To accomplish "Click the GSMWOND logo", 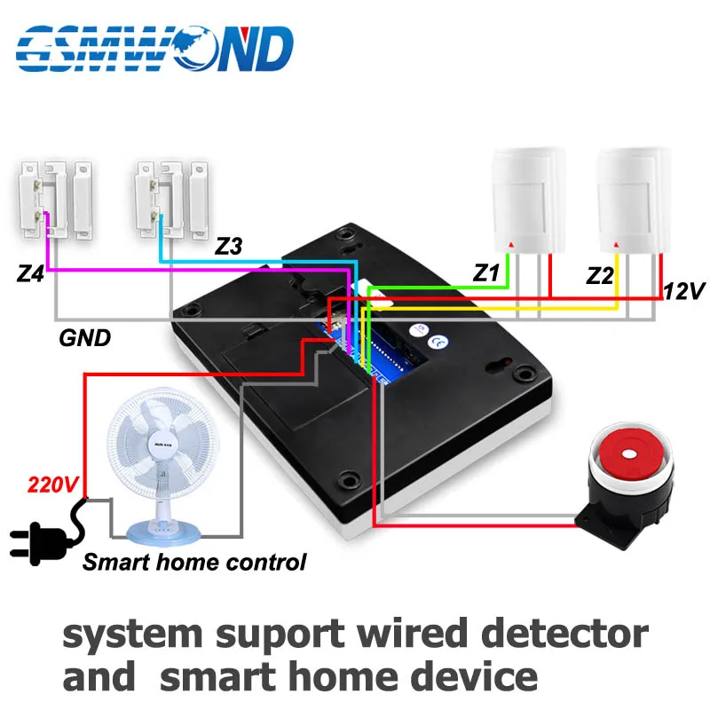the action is click(x=154, y=48).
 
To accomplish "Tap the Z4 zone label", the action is click(x=31, y=274).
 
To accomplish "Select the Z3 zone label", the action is click(x=228, y=246).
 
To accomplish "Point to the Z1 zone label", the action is click(x=485, y=273).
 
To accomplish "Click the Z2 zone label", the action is click(x=600, y=276).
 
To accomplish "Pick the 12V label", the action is click(x=682, y=290).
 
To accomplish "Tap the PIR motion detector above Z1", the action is click(x=526, y=201).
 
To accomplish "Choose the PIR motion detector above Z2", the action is click(x=631, y=201).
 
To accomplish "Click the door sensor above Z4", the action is click(x=54, y=200).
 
